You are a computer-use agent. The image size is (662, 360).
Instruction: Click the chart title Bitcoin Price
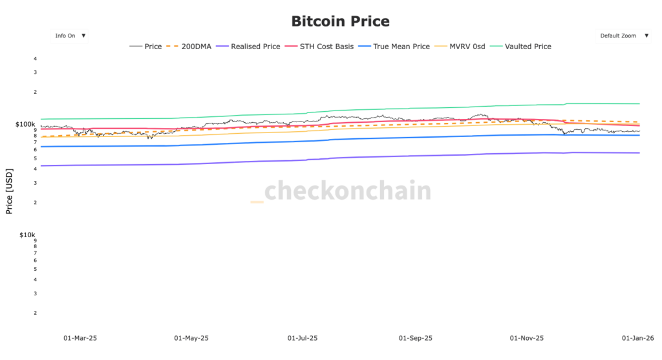coord(340,21)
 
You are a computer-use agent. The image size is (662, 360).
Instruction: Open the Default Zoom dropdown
coord(623,36)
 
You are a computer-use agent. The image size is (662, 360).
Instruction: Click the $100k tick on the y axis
coord(26,123)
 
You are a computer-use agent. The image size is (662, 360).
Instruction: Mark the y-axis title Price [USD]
coord(9,191)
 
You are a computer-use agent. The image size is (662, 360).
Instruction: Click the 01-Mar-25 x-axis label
coord(80,338)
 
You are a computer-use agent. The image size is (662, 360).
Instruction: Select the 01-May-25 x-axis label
coord(192,338)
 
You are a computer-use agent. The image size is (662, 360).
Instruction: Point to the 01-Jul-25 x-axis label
coord(304,338)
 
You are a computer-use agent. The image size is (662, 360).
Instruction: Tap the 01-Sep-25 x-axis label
coord(416,338)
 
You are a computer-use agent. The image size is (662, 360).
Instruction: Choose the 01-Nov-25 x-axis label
coord(527,338)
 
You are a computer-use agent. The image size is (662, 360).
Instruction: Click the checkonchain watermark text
coord(348,191)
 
